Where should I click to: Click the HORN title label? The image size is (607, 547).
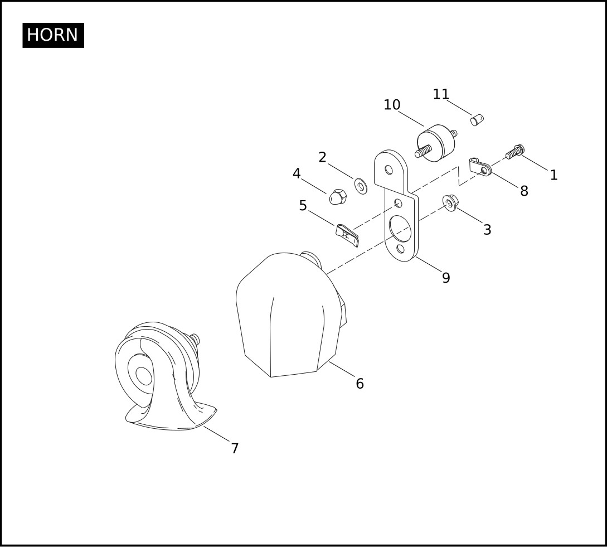53,35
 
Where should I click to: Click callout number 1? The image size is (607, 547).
553,175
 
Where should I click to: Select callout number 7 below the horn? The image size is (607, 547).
235,448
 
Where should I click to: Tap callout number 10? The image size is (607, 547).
392,105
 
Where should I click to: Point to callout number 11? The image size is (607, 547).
440,94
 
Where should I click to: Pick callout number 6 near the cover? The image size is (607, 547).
360,384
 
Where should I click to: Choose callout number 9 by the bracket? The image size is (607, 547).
446,278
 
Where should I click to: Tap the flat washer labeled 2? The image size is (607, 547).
361,186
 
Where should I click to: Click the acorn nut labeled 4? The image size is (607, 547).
338,197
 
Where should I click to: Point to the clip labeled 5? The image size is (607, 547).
347,235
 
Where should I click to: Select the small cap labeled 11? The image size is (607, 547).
477,120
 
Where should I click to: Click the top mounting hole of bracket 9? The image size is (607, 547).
389,170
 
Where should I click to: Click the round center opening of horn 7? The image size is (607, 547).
144,376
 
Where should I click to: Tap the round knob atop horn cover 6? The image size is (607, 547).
311,258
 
